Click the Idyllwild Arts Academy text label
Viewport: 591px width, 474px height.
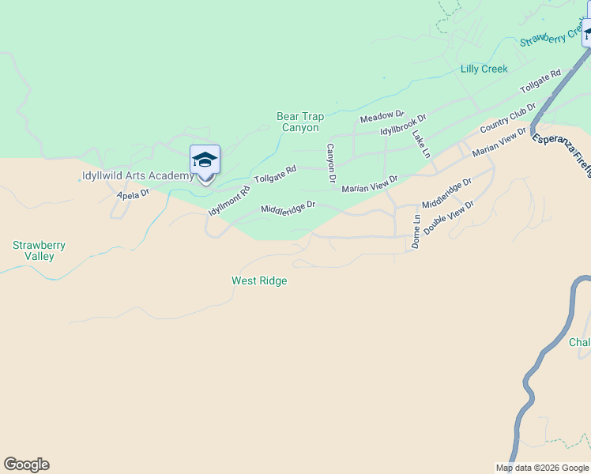pyautogui.click(x=137, y=175)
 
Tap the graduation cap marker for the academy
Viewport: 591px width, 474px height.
pyautogui.click(x=205, y=161)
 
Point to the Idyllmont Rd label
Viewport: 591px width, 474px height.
pyautogui.click(x=229, y=201)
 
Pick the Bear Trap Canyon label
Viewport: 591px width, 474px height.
pyautogui.click(x=300, y=122)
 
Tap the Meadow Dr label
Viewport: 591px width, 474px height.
pyautogui.click(x=382, y=117)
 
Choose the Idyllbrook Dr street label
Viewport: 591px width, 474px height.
pyautogui.click(x=402, y=124)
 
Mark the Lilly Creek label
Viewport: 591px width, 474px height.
pyautogui.click(x=484, y=69)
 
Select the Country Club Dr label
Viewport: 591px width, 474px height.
pyautogui.click(x=507, y=118)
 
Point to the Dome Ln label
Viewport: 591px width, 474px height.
pyautogui.click(x=416, y=231)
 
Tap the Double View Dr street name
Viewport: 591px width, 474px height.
pyautogui.click(x=448, y=218)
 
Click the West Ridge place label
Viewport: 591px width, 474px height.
pyautogui.click(x=259, y=280)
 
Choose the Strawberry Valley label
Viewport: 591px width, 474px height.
pyautogui.click(x=39, y=250)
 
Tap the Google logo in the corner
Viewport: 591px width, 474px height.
pyautogui.click(x=26, y=465)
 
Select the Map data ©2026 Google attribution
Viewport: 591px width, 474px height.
pyautogui.click(x=543, y=468)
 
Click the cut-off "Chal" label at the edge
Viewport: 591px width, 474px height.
pyautogui.click(x=579, y=342)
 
